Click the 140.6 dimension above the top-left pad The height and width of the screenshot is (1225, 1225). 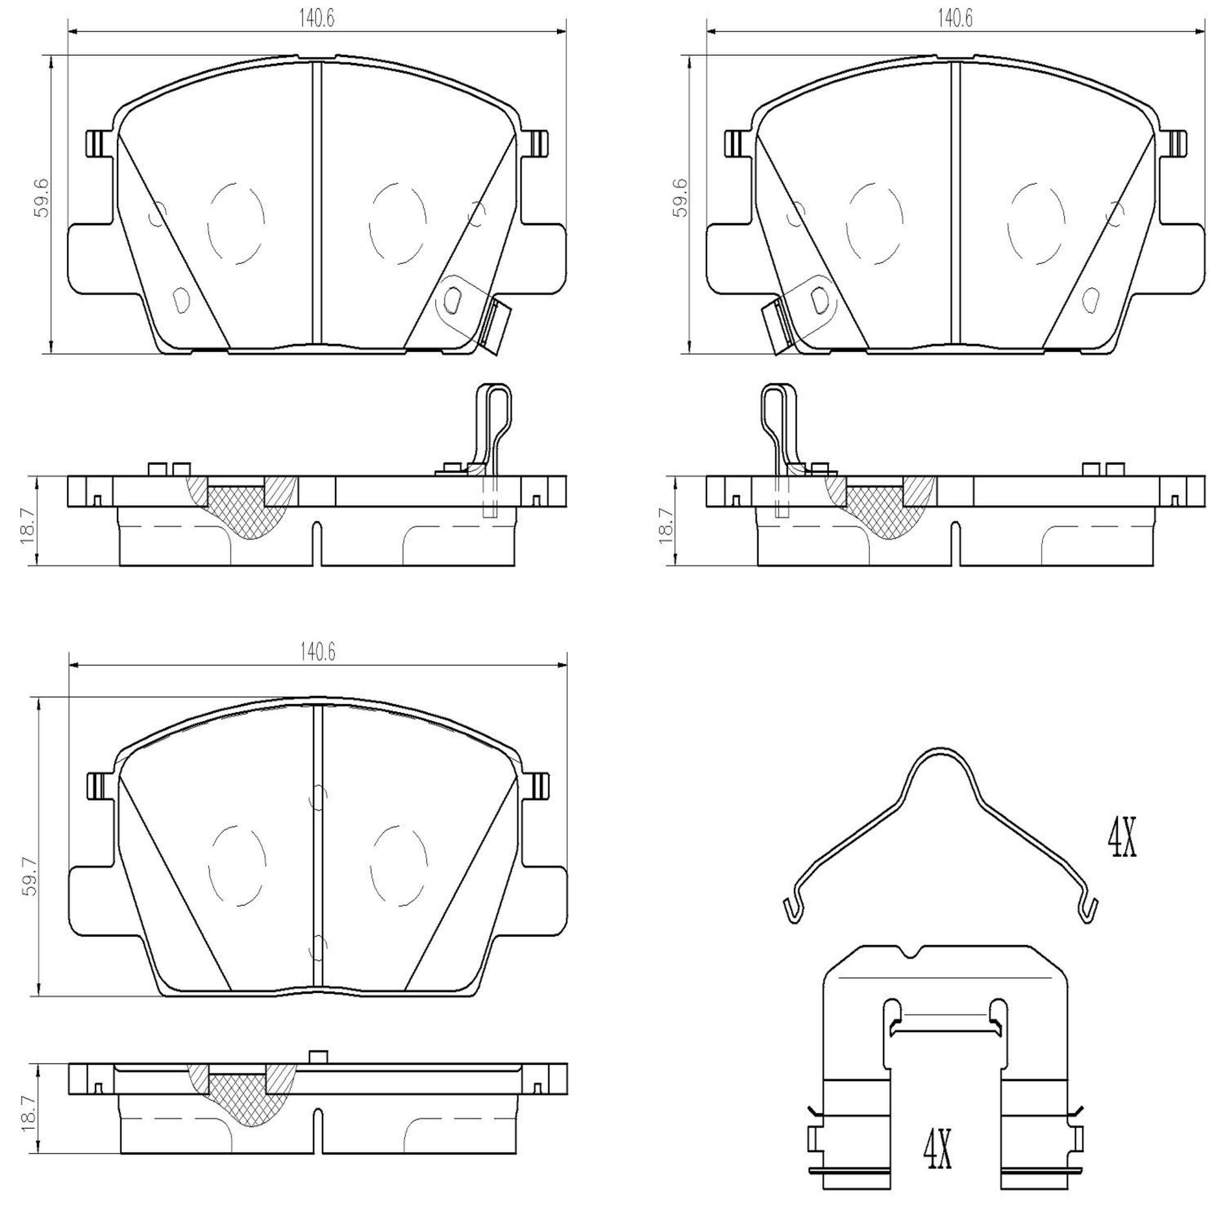317,19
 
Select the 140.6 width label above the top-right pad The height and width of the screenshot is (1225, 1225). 955,19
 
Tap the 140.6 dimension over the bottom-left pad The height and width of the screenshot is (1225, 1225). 318,653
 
